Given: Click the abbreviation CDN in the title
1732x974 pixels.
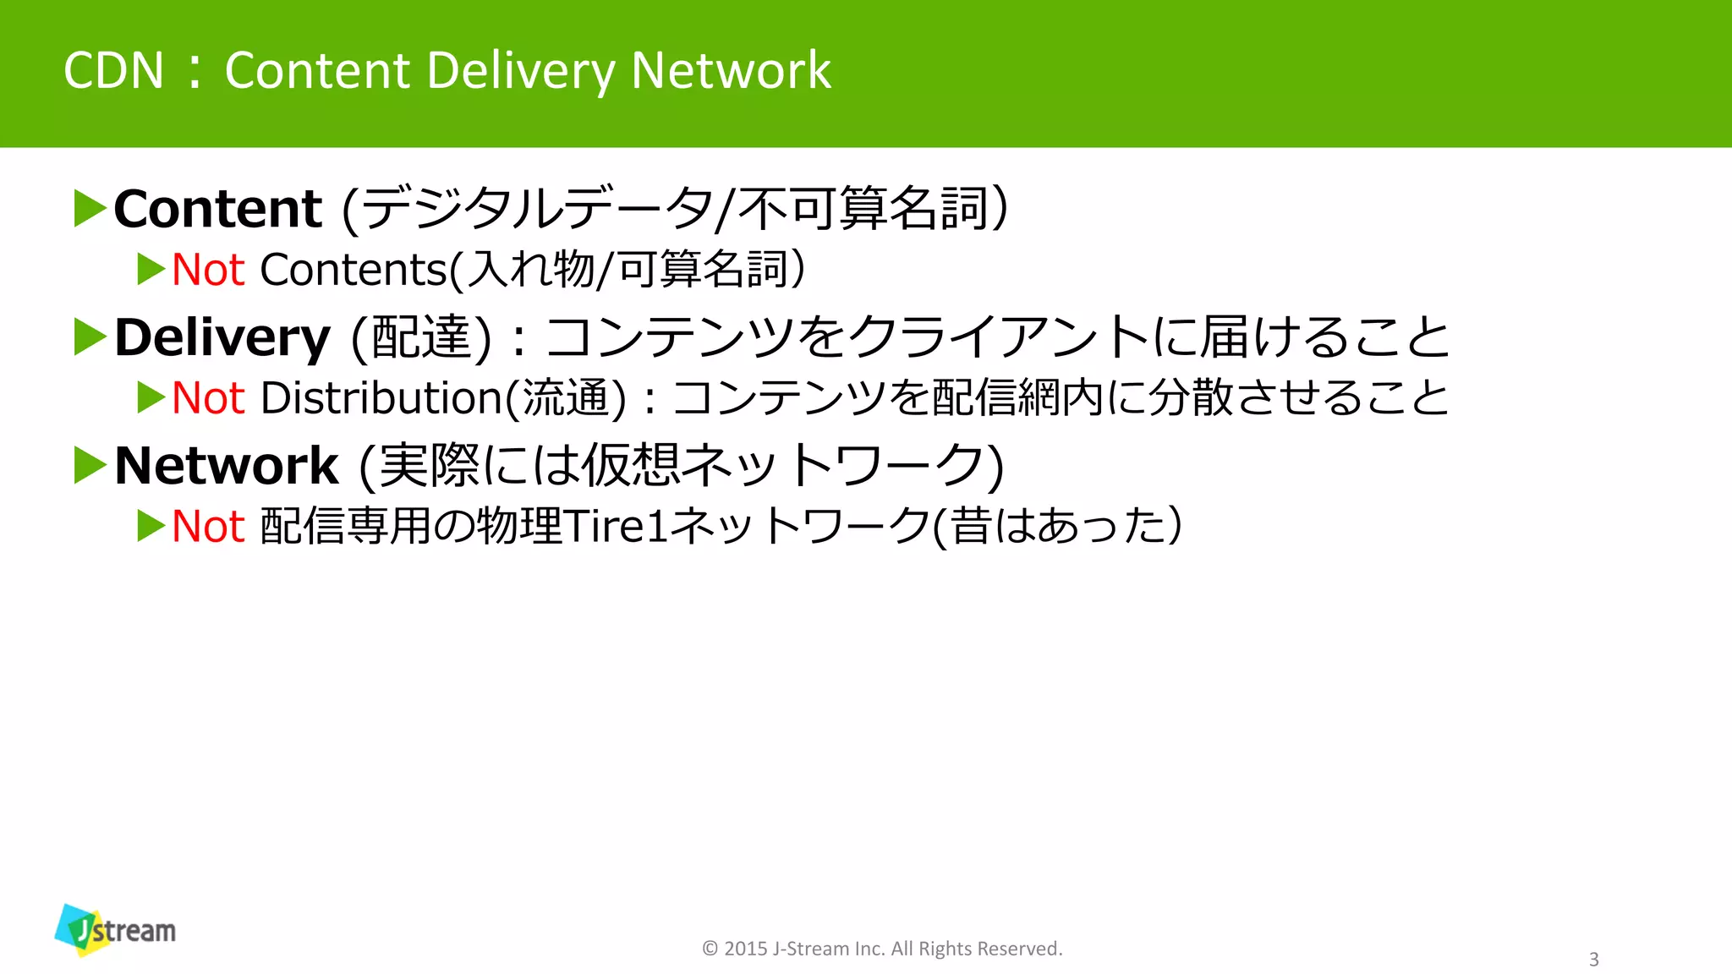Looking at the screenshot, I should pos(113,70).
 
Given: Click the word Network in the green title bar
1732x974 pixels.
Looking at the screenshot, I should pos(731,70).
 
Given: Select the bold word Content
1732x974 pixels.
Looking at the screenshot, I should pos(217,209).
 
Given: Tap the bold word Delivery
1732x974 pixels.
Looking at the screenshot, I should pos(222,337).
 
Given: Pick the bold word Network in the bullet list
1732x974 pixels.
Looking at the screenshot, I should pos(226,466).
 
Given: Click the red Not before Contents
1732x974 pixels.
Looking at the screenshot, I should pos(208,271).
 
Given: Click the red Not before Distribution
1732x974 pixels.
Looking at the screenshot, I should pos(208,398).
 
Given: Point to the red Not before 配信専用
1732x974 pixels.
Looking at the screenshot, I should pos(208,527).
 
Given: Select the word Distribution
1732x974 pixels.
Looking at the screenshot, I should pos(381,398).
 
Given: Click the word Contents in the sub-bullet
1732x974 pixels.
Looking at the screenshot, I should pos(353,271).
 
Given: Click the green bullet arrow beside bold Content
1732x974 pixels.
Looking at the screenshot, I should pos(90,209).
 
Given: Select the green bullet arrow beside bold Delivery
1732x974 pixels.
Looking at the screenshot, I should pos(90,337).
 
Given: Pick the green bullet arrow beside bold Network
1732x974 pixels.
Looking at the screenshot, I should pos(90,466).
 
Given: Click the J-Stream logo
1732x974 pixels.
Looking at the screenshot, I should pos(115,930).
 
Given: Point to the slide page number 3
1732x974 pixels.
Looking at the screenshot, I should pos(1593,960).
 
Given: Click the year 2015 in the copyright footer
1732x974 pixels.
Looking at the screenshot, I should pos(745,949).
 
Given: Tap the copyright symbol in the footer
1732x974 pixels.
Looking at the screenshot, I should pos(710,949).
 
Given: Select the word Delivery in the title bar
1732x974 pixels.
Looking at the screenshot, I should pos(520,70).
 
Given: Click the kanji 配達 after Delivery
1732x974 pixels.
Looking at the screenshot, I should pos(420,337).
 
